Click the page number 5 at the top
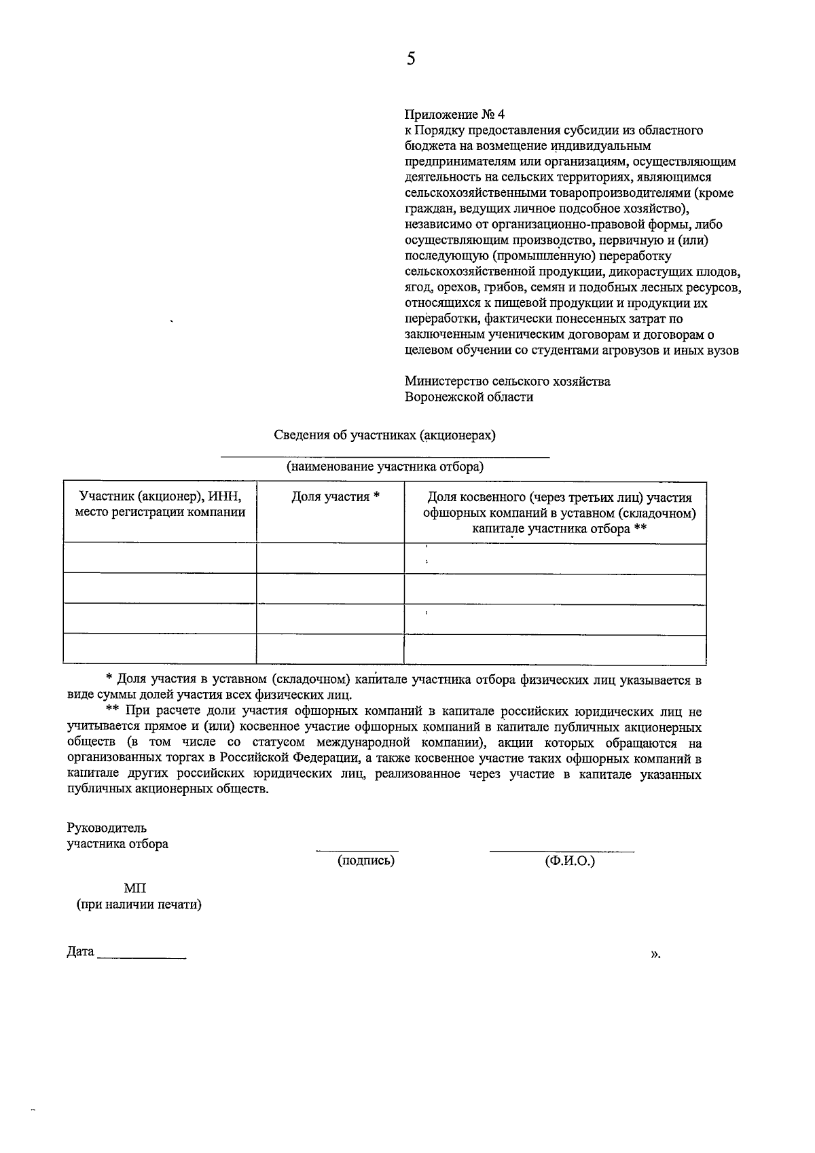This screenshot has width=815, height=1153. pyautogui.click(x=410, y=59)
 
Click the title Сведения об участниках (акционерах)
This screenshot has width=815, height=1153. pyautogui.click(x=384, y=435)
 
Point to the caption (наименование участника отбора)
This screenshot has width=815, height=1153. pyautogui.click(x=384, y=467)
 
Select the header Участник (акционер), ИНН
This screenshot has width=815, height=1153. pyautogui.click(x=160, y=496)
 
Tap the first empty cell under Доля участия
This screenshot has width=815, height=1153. pyautogui.click(x=330, y=557)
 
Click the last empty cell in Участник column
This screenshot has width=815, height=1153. pyautogui.click(x=160, y=648)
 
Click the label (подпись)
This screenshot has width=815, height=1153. pyautogui.click(x=366, y=861)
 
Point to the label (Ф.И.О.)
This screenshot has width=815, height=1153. pyautogui.click(x=569, y=861)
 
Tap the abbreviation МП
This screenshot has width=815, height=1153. pyautogui.click(x=134, y=889)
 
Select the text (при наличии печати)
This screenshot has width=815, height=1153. pyautogui.click(x=139, y=905)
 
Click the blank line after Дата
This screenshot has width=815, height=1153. pyautogui.click(x=141, y=957)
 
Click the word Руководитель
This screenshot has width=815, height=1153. pyautogui.click(x=106, y=828)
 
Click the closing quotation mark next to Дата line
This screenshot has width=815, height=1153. pyautogui.click(x=655, y=954)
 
